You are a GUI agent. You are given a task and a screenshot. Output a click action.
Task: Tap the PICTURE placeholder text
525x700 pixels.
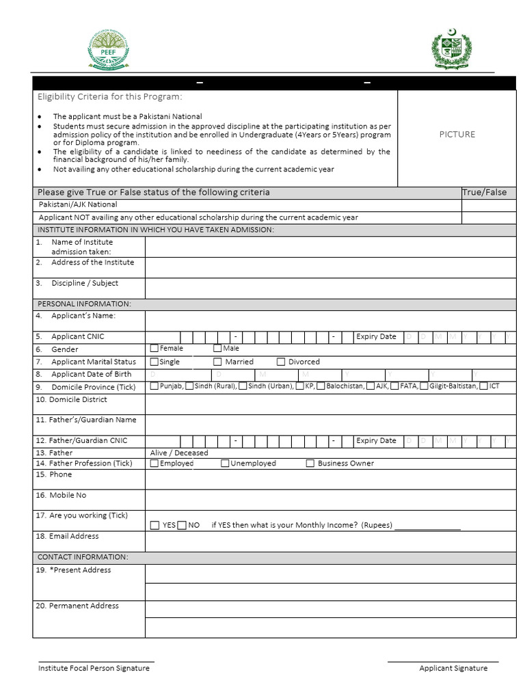click(x=457, y=135)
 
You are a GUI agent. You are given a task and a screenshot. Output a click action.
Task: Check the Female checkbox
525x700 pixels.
click(x=154, y=349)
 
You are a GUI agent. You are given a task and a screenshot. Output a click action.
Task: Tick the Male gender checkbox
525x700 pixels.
click(x=217, y=349)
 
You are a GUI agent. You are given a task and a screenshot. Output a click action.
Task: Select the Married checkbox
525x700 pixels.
click(x=217, y=362)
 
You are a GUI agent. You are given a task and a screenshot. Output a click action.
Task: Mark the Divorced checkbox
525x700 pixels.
click(x=281, y=362)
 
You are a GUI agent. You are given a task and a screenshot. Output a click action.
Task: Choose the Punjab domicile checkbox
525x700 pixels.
click(x=154, y=386)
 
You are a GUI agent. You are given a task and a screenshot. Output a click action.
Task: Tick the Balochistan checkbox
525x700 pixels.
click(x=321, y=386)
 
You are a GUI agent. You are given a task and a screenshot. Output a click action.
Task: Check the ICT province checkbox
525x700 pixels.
click(x=483, y=386)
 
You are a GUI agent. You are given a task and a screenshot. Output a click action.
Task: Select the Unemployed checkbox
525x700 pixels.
click(x=225, y=463)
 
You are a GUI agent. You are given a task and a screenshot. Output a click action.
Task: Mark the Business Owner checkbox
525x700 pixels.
click(x=310, y=463)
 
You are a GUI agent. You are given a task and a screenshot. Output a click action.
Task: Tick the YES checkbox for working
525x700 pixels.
click(x=154, y=525)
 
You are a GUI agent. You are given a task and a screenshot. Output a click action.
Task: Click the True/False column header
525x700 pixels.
click(x=485, y=192)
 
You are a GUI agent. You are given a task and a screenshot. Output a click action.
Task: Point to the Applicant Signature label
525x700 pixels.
click(x=453, y=668)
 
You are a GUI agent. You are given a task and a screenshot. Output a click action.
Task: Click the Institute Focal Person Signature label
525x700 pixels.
click(x=94, y=668)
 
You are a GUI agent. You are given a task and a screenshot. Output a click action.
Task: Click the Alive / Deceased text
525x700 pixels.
click(x=179, y=453)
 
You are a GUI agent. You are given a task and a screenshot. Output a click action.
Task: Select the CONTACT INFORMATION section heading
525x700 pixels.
click(x=83, y=557)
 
